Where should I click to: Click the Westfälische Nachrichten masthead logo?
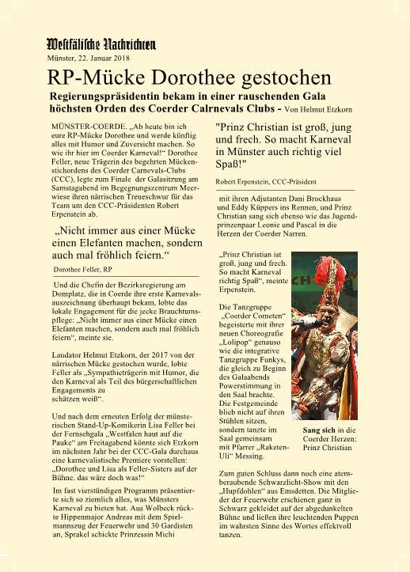point(100,45)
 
